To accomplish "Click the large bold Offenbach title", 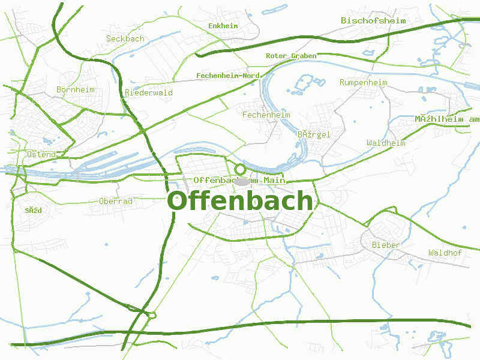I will [x=240, y=201].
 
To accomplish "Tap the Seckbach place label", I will [x=125, y=38].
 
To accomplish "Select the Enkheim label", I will [x=223, y=26].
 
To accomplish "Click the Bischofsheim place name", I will [x=373, y=20].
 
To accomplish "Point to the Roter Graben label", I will [x=291, y=56].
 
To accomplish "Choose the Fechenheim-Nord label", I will [x=227, y=76].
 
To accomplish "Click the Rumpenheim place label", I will [x=364, y=82].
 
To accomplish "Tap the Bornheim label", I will [x=76, y=89].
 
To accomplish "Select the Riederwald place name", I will [x=149, y=92].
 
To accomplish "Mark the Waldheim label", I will [x=386, y=143].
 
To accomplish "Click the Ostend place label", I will [x=41, y=154].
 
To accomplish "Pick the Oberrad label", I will [x=116, y=201].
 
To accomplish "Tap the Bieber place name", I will [x=386, y=245].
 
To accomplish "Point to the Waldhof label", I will [x=445, y=253].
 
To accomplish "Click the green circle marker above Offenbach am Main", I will [x=240, y=169].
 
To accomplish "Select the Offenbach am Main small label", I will [x=239, y=180].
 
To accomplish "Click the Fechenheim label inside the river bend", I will [x=266, y=115].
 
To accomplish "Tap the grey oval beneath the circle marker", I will [x=242, y=181].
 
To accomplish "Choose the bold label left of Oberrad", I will [x=34, y=211].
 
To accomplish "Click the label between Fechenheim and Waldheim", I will [x=314, y=134].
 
